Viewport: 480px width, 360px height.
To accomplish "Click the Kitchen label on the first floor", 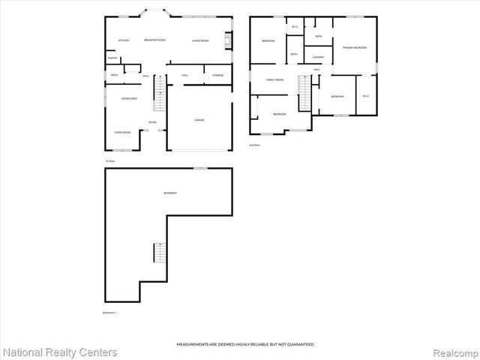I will (x=124, y=40).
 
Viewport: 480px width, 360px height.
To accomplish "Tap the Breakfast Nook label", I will (x=155, y=40).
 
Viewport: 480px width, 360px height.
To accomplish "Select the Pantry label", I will (x=112, y=58).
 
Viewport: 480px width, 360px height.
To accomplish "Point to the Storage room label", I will (x=217, y=75).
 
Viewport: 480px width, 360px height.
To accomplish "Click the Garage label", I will (x=199, y=120).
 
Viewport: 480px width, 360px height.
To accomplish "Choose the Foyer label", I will (x=152, y=122).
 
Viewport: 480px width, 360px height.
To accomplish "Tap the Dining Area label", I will (x=128, y=98).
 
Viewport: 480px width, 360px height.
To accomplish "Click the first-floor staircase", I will (x=158, y=95).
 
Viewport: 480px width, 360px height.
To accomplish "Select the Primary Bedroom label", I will (x=355, y=47).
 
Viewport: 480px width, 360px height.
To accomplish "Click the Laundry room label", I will (x=318, y=57).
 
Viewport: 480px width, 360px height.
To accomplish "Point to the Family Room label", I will (x=274, y=79).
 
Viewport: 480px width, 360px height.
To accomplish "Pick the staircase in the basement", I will (x=158, y=253).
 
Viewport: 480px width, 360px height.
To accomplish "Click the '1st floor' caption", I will (x=109, y=162).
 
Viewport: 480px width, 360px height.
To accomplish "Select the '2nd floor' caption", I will (x=255, y=145).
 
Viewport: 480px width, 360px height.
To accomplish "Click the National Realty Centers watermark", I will (x=61, y=352).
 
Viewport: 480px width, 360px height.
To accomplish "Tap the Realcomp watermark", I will (x=454, y=352).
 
